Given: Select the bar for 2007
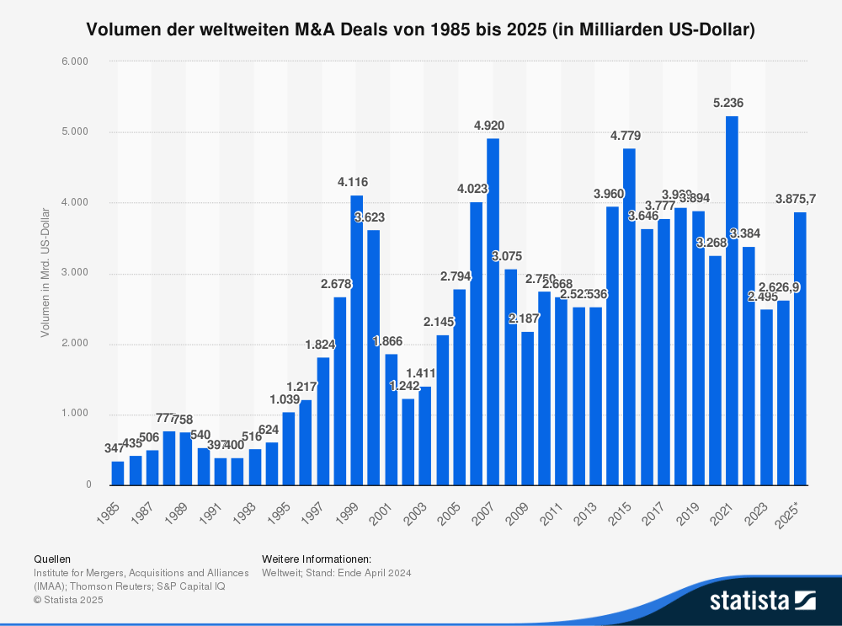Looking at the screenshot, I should tap(493, 312).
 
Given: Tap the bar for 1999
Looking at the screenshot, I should tap(357, 340).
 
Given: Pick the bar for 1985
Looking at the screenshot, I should tap(118, 473).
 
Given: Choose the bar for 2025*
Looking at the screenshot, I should tap(800, 349).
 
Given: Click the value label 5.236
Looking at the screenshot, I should tap(728, 103).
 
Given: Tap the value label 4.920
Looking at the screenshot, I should tap(489, 126).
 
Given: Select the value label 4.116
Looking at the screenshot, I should tap(353, 182).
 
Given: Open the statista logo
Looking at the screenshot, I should tap(762, 600).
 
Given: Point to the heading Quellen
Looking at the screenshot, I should tap(52, 559).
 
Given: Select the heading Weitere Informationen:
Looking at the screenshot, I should tap(317, 559).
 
